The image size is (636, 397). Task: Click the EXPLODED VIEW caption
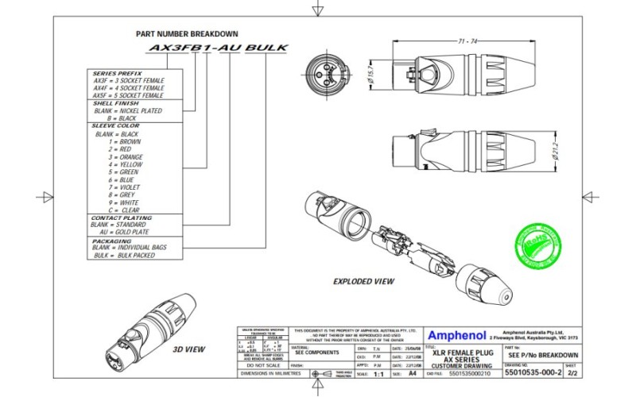pos(364,281)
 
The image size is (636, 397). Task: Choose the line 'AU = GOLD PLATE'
pos(126,232)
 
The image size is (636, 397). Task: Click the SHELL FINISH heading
pos(116,103)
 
